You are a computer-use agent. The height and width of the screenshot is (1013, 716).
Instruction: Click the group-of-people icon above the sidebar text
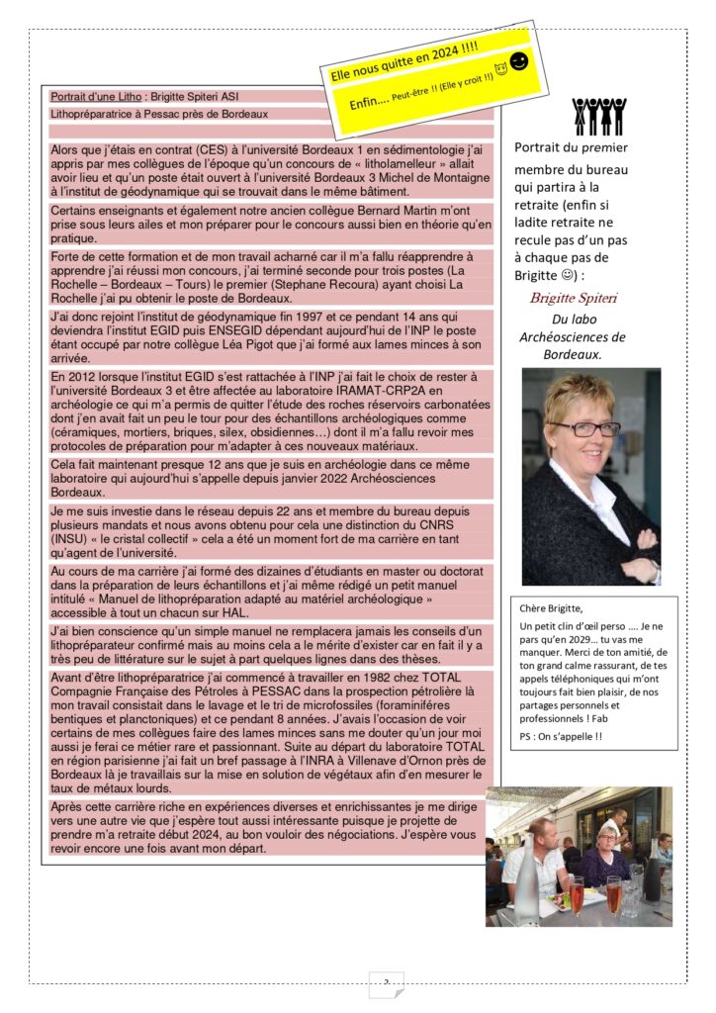[x=597, y=116]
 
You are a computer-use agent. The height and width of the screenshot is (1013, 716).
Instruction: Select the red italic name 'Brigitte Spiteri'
[x=576, y=298]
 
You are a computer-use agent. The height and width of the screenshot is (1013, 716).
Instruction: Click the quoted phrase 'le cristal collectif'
[x=159, y=540]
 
